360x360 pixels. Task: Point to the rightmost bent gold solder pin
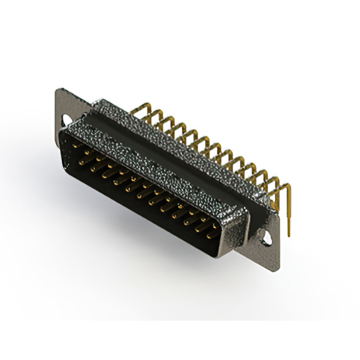288,202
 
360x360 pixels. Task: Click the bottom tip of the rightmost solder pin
289,235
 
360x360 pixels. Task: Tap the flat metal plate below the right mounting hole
272,256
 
